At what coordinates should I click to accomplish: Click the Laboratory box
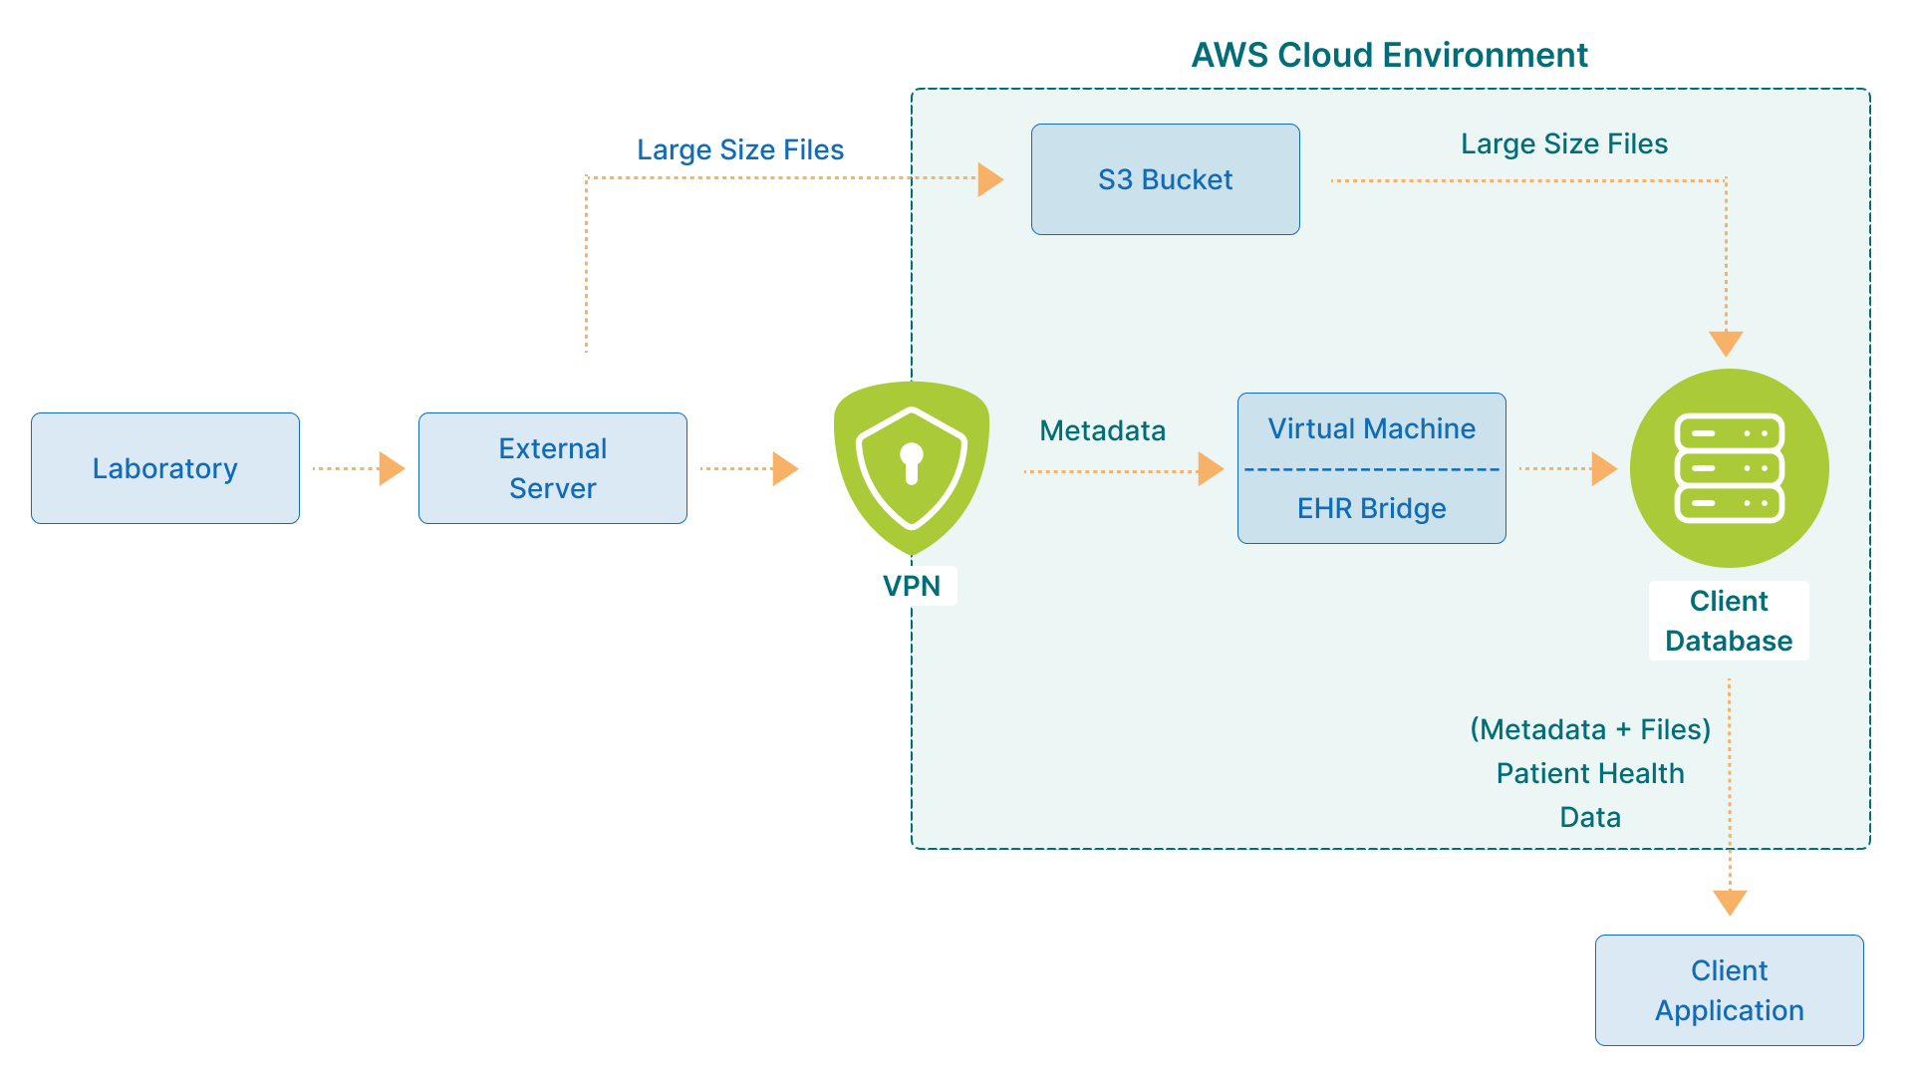(165, 468)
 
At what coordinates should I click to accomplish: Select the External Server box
(553, 468)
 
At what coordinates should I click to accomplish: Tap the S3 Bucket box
(1165, 179)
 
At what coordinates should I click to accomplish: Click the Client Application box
(1729, 990)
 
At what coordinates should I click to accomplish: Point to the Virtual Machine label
(1371, 428)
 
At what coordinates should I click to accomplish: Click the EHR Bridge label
(1371, 508)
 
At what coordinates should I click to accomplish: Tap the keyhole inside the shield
(911, 462)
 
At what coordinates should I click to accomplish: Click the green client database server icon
(1729, 468)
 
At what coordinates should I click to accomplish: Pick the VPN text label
(911, 586)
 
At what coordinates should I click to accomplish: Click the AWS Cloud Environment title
(1389, 55)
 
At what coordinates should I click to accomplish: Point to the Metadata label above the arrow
(1102, 430)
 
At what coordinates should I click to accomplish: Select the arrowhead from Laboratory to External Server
(392, 468)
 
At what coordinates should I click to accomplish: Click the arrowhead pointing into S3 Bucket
(990, 179)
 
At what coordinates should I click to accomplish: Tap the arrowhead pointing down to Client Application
(1730, 902)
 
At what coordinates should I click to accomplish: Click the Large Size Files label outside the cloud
(740, 149)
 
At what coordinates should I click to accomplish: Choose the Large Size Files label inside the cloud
(1563, 143)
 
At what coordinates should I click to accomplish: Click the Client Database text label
(1729, 621)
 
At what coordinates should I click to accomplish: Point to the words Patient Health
(1590, 773)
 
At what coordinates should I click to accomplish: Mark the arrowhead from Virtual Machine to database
(1603, 468)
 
